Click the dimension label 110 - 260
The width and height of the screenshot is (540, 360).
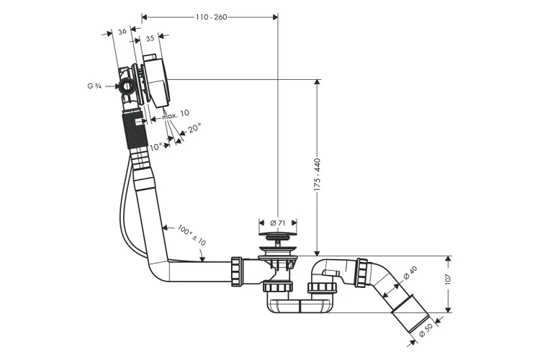click(x=211, y=17)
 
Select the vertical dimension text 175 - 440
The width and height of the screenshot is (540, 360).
click(x=317, y=175)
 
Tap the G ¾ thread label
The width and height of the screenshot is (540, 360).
click(x=94, y=86)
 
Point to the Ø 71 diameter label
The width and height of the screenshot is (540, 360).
click(x=278, y=223)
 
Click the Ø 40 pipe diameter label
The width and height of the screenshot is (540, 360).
click(x=410, y=273)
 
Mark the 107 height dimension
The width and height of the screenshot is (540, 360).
click(x=448, y=279)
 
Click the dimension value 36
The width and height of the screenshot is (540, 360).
click(x=122, y=32)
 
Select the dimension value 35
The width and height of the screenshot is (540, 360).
click(x=150, y=39)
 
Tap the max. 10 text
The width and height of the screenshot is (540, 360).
click(x=176, y=114)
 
